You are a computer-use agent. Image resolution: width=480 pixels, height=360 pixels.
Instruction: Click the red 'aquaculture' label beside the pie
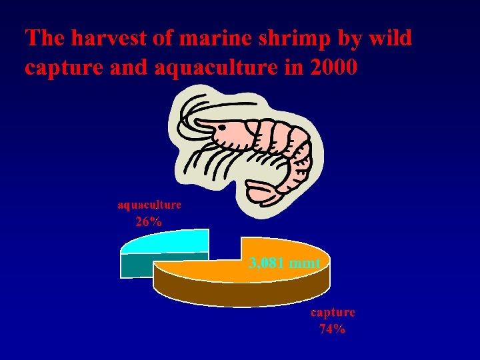(x=149, y=205)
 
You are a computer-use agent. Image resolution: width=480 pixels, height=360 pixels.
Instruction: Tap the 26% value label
(x=149, y=222)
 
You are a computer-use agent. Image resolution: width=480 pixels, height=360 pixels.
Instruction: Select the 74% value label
(x=332, y=329)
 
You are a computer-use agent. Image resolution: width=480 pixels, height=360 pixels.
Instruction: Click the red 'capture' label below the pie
(x=333, y=312)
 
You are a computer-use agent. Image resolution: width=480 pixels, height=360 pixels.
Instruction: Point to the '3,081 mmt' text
(x=284, y=263)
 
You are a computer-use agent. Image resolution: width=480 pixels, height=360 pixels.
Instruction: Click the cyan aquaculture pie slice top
(x=170, y=241)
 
